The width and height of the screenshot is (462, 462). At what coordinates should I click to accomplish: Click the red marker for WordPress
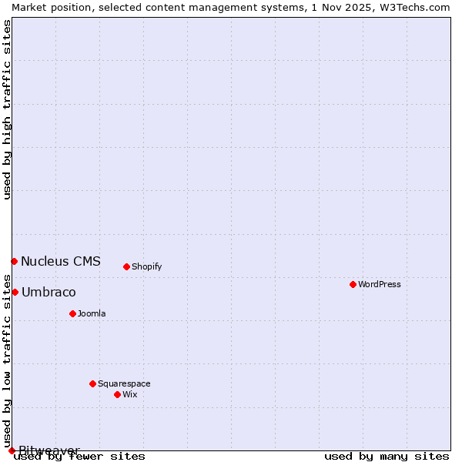click(x=353, y=284)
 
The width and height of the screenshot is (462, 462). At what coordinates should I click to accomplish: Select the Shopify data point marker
click(x=126, y=266)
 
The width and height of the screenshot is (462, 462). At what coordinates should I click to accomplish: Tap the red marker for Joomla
click(x=72, y=313)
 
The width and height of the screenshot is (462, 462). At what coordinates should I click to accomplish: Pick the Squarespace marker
click(x=92, y=383)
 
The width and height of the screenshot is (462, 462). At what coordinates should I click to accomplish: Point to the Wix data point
click(x=117, y=394)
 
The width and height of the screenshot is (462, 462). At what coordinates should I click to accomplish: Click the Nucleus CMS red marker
click(x=14, y=261)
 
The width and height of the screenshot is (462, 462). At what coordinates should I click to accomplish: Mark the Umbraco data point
click(x=15, y=292)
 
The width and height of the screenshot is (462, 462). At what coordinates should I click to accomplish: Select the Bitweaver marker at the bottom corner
click(x=12, y=450)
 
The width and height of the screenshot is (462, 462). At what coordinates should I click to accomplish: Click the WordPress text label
click(x=380, y=284)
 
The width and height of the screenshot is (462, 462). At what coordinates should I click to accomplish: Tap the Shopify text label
click(x=146, y=266)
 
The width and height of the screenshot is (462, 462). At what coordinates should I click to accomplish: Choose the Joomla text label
click(x=92, y=313)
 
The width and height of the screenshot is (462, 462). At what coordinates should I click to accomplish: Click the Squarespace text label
click(x=124, y=383)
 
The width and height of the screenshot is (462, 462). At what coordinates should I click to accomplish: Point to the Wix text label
click(x=129, y=394)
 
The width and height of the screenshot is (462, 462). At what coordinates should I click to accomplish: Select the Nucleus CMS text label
click(x=61, y=261)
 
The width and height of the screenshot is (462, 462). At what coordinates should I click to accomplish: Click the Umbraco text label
click(x=49, y=292)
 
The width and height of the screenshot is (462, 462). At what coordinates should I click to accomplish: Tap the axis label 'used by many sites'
click(x=387, y=456)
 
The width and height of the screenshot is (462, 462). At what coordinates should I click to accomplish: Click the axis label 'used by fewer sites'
click(x=79, y=456)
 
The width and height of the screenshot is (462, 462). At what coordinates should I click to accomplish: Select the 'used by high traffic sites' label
click(x=7, y=109)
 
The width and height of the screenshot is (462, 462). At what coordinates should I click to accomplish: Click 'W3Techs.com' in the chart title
click(x=412, y=7)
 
